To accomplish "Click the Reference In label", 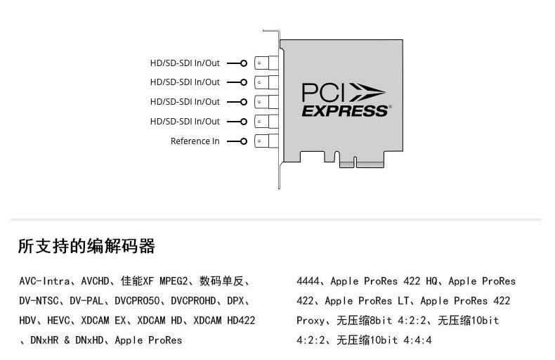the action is [195, 141].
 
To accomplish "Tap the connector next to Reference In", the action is [261, 141].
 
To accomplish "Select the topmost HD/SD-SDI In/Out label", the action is [185, 63].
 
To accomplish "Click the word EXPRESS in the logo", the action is [345, 111].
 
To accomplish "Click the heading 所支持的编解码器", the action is [86, 247].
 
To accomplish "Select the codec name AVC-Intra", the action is [44, 281].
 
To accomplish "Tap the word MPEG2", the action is [174, 281].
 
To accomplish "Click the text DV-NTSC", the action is [39, 301].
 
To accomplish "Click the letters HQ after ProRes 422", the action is [431, 281].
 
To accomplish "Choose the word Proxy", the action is [311, 321].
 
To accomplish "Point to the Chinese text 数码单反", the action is [221, 281].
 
